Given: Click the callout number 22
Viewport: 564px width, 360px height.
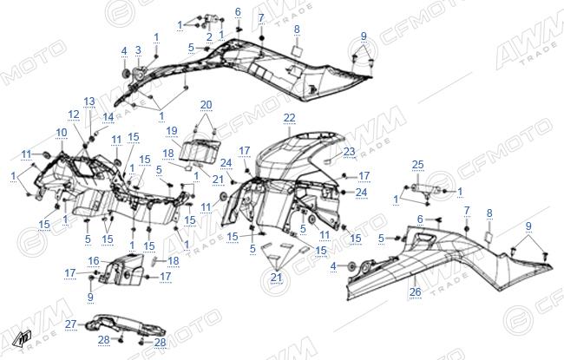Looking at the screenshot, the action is (x=289, y=118).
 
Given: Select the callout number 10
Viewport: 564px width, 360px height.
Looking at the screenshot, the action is (x=62, y=133).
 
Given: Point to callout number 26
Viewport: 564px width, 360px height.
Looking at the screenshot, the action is (x=415, y=291).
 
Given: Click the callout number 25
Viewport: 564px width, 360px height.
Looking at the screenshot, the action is (x=418, y=165).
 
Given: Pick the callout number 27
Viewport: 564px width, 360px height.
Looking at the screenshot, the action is (x=71, y=324).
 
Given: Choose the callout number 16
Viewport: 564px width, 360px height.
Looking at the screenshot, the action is (x=94, y=261).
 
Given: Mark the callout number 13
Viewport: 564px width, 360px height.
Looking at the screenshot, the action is (x=89, y=101).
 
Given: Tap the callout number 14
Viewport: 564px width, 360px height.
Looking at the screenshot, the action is (x=108, y=117).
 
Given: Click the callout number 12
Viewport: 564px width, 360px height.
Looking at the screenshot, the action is (x=74, y=115).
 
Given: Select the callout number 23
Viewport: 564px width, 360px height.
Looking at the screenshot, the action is (x=350, y=152).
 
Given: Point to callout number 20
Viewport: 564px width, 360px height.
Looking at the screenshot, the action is (x=207, y=105).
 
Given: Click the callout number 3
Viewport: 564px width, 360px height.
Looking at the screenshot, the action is (x=138, y=50).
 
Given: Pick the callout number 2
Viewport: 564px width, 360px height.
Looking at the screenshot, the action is (x=209, y=36).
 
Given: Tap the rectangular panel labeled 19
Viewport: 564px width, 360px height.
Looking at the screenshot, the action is (x=200, y=150).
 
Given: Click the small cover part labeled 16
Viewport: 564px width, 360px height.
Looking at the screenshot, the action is (x=122, y=270).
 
